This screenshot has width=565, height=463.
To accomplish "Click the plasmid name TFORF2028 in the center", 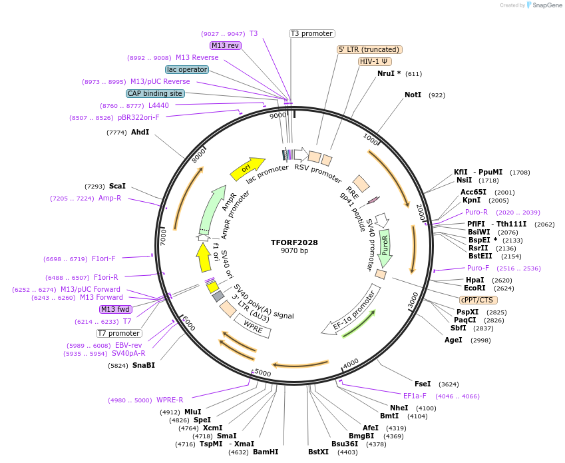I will click(x=294, y=242).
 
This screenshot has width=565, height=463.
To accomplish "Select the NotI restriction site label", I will click(x=413, y=95).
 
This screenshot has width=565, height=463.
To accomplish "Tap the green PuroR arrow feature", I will click(x=385, y=246).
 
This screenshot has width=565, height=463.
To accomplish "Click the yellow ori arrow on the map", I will click(x=247, y=169).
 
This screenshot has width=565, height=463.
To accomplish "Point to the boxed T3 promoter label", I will click(x=312, y=33).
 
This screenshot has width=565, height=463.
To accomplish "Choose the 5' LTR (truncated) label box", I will click(x=369, y=49).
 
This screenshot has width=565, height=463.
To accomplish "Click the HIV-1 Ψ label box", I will click(x=375, y=61).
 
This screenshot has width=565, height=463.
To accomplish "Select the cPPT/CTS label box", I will click(x=476, y=300).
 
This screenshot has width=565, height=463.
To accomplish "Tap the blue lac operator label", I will click(x=187, y=69).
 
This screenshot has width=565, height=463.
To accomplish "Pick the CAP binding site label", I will click(x=155, y=94).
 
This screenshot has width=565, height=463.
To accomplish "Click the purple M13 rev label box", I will click(x=225, y=45).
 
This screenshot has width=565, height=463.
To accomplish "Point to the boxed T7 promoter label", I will click(x=119, y=333).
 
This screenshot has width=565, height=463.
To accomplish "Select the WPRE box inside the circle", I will click(x=252, y=326).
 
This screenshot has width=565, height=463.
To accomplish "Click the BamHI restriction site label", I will click(x=265, y=452).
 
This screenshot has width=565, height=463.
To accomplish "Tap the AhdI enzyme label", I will click(x=140, y=133).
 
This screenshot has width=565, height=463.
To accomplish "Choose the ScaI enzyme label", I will click(x=117, y=187).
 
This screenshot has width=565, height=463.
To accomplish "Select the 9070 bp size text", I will click(x=294, y=251).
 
